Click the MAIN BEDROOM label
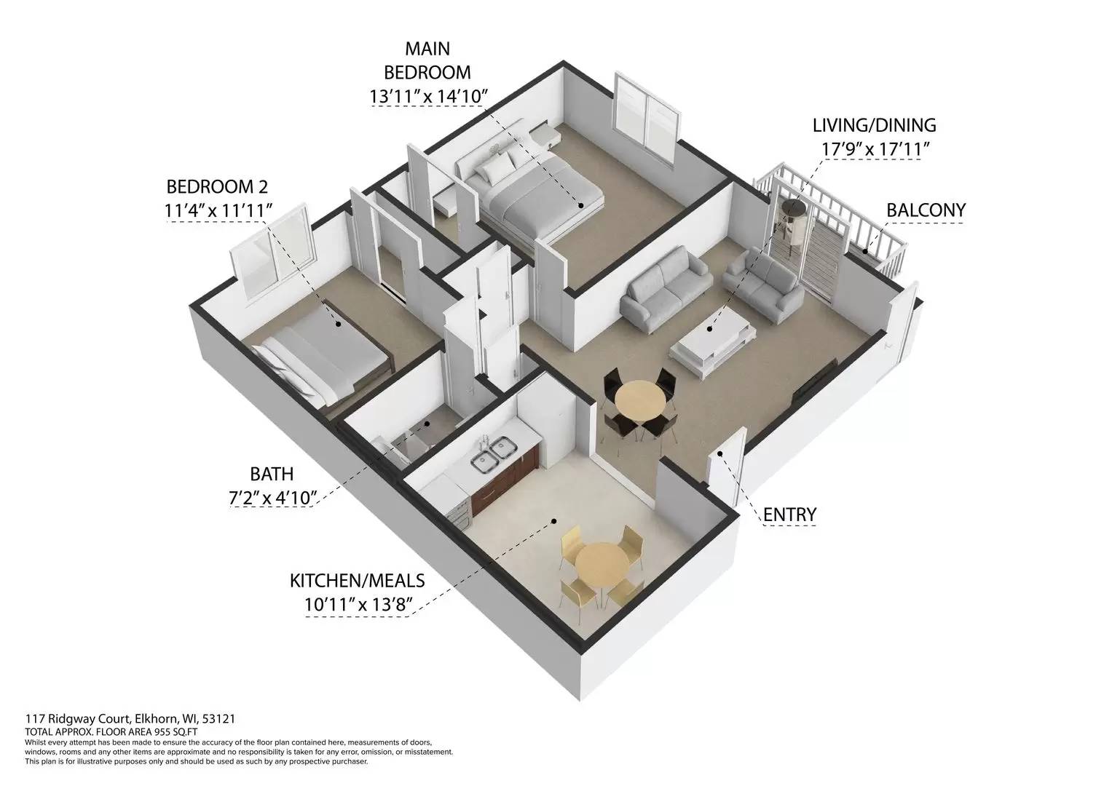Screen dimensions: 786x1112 (x=427, y=60)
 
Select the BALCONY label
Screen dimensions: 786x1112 (x=926, y=210)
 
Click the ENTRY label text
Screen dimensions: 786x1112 (x=789, y=515)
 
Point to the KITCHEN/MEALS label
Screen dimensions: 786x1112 (x=357, y=581)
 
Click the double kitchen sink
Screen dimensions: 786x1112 (x=489, y=458)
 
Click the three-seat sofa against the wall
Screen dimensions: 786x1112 (x=665, y=286)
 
